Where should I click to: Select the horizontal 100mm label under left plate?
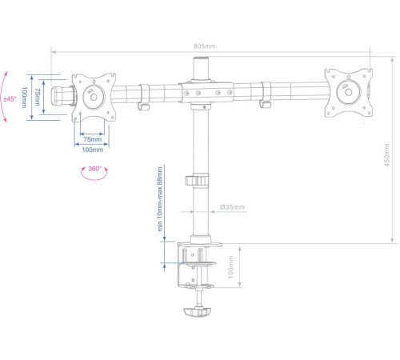[x=93, y=150]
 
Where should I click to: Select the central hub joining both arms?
[x=202, y=91]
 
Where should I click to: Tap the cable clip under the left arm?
[x=145, y=105]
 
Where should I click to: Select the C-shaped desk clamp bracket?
[x=186, y=264]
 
